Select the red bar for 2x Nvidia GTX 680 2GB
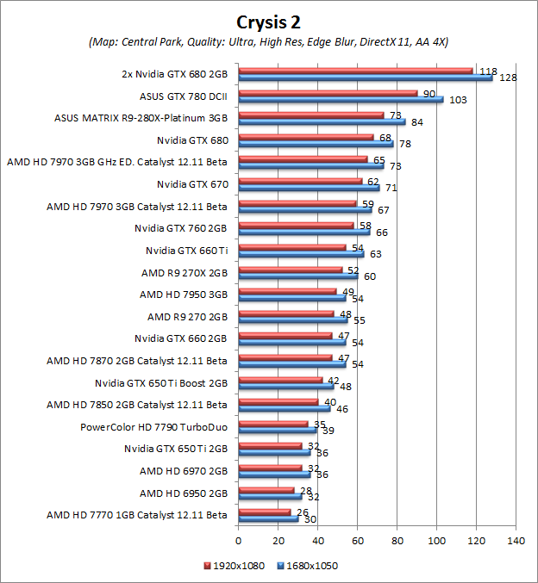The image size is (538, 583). [x=355, y=71]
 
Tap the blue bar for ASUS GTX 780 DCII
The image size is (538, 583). [x=341, y=100]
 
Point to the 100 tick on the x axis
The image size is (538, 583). [x=437, y=541]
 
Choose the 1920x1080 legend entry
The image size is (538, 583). [x=234, y=566]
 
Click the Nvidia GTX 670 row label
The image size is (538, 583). [x=191, y=183]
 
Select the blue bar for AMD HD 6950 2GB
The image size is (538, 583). [x=270, y=496]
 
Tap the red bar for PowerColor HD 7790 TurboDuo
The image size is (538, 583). [x=272, y=424]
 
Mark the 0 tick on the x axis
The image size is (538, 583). [x=238, y=541]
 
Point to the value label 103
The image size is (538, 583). [x=459, y=101]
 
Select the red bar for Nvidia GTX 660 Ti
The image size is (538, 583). [x=291, y=246]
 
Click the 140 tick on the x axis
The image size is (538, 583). [x=516, y=541]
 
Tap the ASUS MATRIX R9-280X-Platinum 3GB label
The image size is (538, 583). [x=141, y=116]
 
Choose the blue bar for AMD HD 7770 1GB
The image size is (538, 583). [x=268, y=518]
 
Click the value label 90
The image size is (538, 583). [x=429, y=93]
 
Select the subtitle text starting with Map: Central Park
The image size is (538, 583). [x=268, y=41]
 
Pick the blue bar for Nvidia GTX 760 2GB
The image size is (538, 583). [x=303, y=232]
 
